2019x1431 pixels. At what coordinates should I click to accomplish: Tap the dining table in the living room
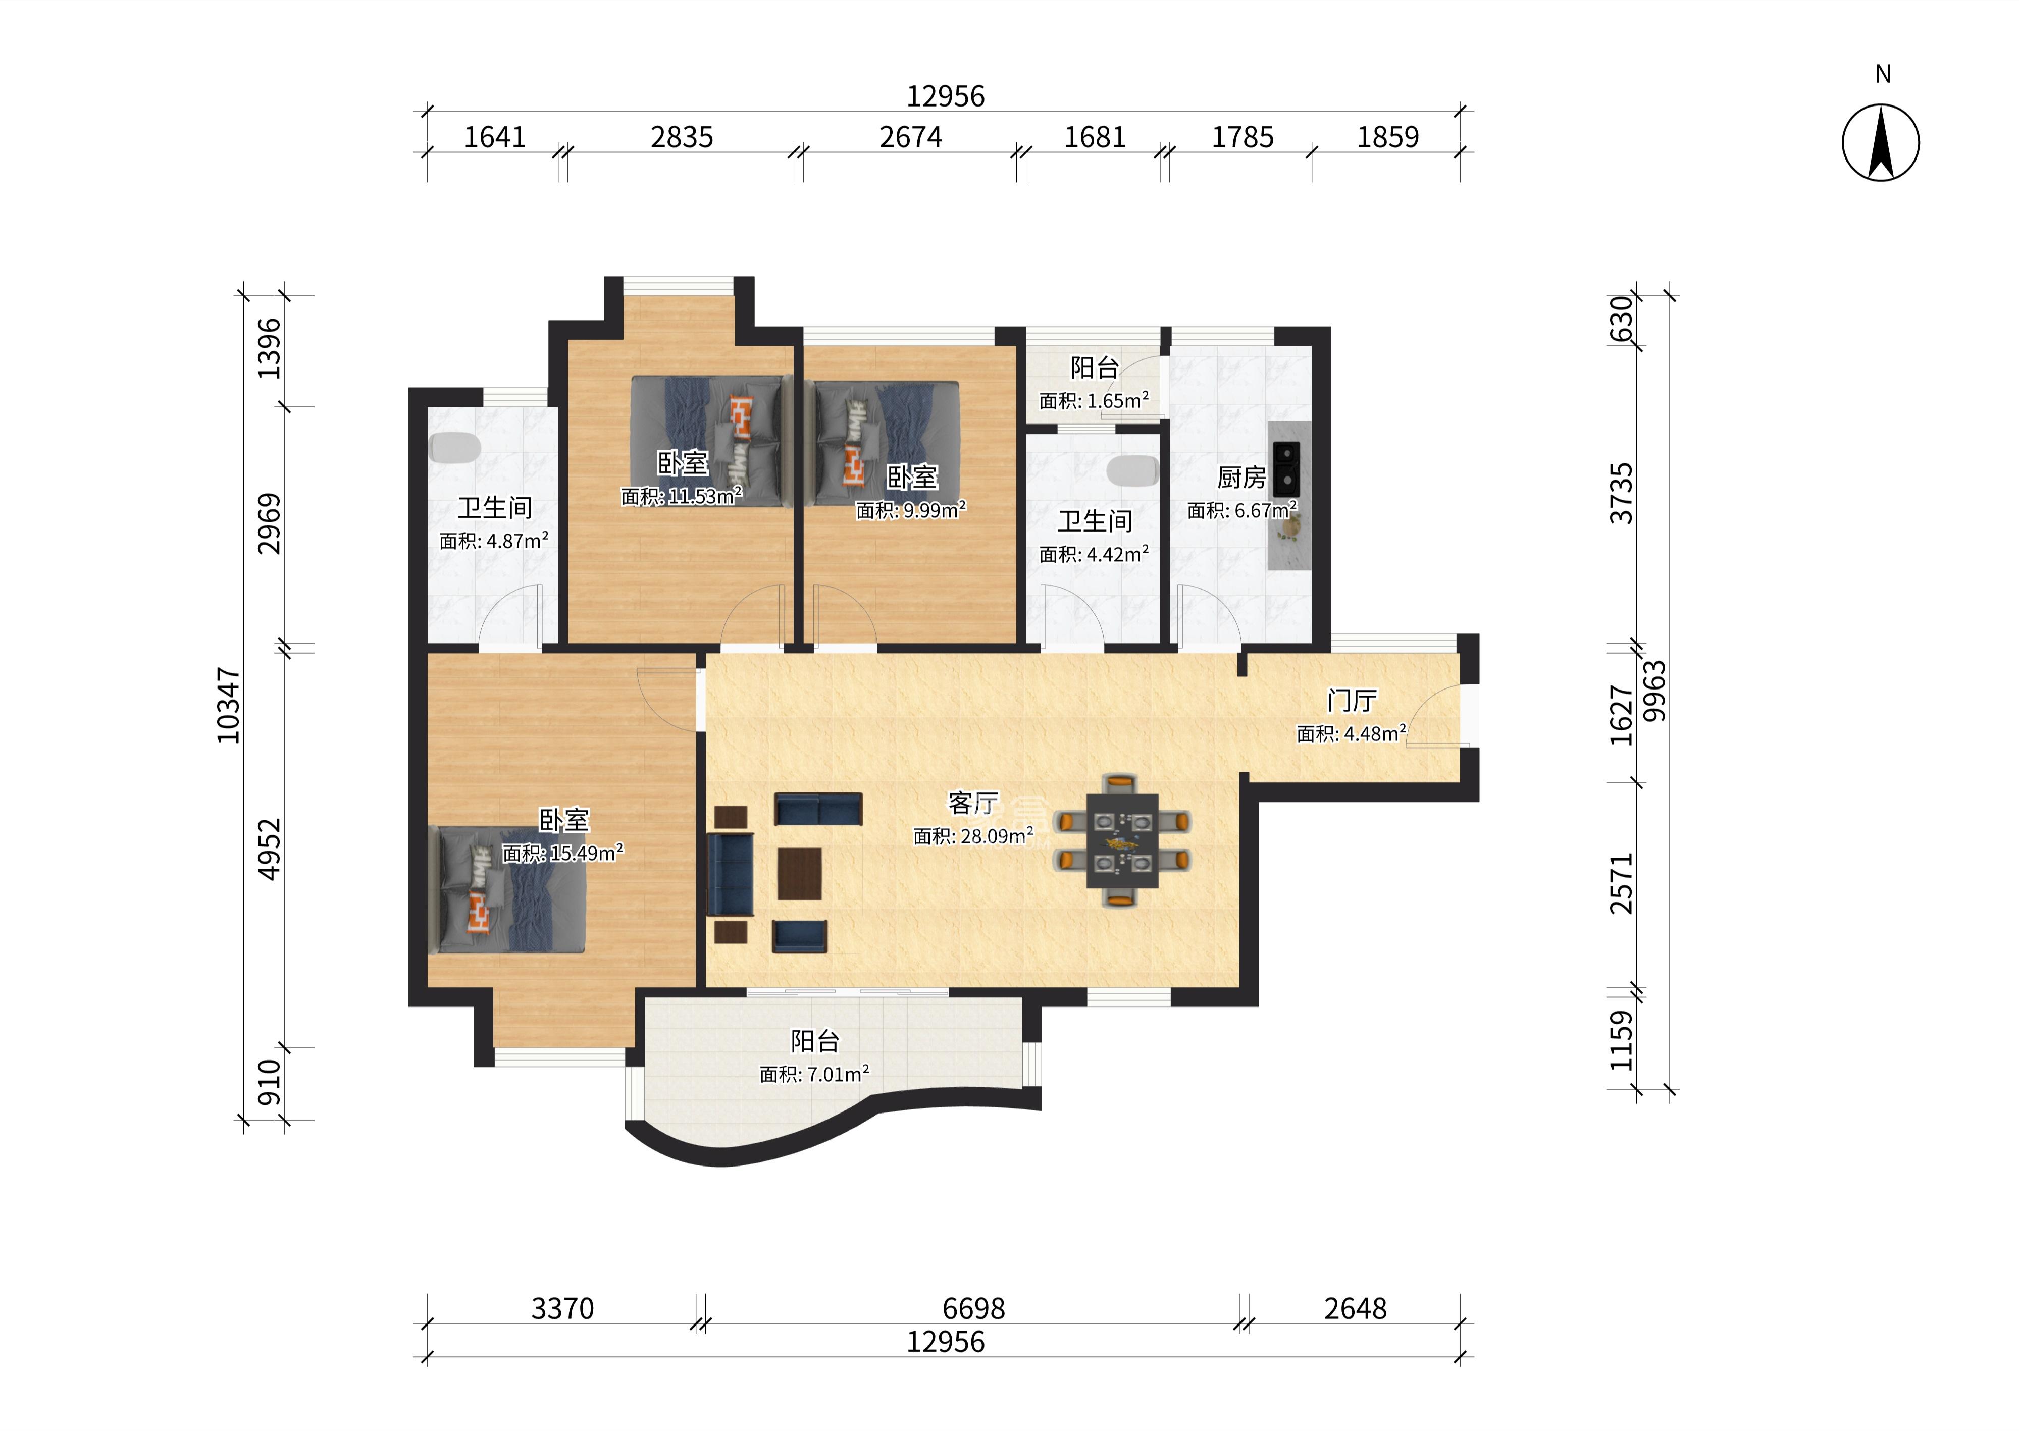coord(1122,840)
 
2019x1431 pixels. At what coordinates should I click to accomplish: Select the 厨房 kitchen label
coord(1241,478)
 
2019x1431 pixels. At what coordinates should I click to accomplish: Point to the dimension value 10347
coord(228,705)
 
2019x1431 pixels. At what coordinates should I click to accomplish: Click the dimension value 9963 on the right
coord(1655,691)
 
